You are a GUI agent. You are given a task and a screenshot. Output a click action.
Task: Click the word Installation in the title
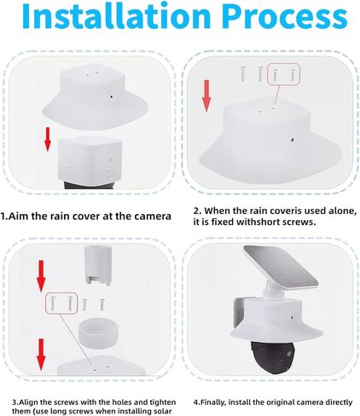[111, 19]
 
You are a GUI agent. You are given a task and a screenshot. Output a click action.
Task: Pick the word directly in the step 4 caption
[332, 400]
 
